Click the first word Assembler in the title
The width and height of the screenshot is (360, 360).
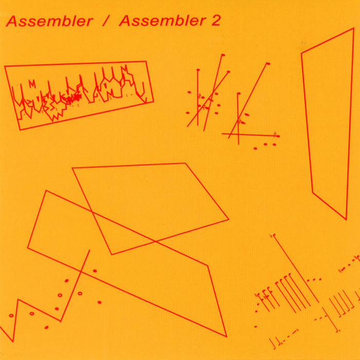click(x=49, y=21)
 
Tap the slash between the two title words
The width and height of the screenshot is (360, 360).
click(x=105, y=21)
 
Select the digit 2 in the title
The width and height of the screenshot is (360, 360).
click(x=215, y=21)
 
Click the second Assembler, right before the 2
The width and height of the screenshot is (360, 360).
click(x=163, y=21)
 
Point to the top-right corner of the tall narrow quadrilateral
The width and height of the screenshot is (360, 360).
click(x=354, y=28)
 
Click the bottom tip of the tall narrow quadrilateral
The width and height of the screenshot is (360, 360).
click(x=346, y=220)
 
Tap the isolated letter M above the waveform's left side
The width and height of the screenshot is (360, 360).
click(x=32, y=84)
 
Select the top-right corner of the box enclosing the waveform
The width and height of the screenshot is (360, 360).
click(x=146, y=61)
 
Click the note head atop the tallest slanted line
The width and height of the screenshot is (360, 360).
click(x=223, y=55)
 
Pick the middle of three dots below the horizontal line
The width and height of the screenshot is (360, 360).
click(x=265, y=144)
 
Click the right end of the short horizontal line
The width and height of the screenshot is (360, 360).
click(x=279, y=136)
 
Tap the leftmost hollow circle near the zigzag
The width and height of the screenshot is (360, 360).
click(x=11, y=315)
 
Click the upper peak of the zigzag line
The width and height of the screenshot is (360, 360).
click(x=18, y=300)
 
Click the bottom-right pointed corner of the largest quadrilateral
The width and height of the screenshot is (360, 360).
click(x=227, y=336)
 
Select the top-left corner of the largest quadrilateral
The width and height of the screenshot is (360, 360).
click(x=46, y=191)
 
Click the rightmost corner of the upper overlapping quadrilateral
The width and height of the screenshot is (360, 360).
click(x=229, y=220)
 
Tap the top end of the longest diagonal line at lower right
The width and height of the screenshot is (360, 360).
click(x=274, y=236)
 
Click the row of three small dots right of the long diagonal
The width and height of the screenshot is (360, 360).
click(x=314, y=280)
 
